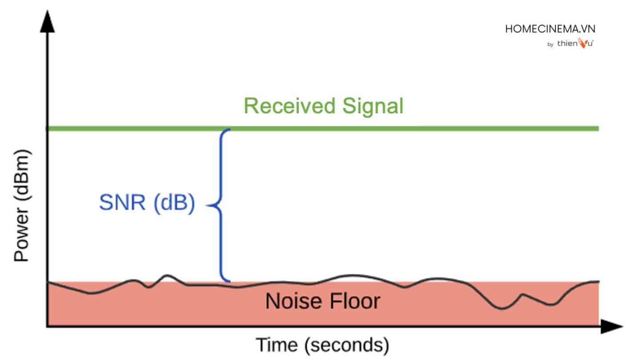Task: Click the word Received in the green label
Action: tap(289, 107)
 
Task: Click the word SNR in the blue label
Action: tap(123, 204)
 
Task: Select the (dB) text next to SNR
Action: tap(174, 204)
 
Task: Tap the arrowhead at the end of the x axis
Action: tap(612, 327)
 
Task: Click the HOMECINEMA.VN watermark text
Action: tap(550, 29)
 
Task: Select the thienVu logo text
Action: tap(575, 44)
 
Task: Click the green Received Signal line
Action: tap(400, 128)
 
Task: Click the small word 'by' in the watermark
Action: tap(550, 45)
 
